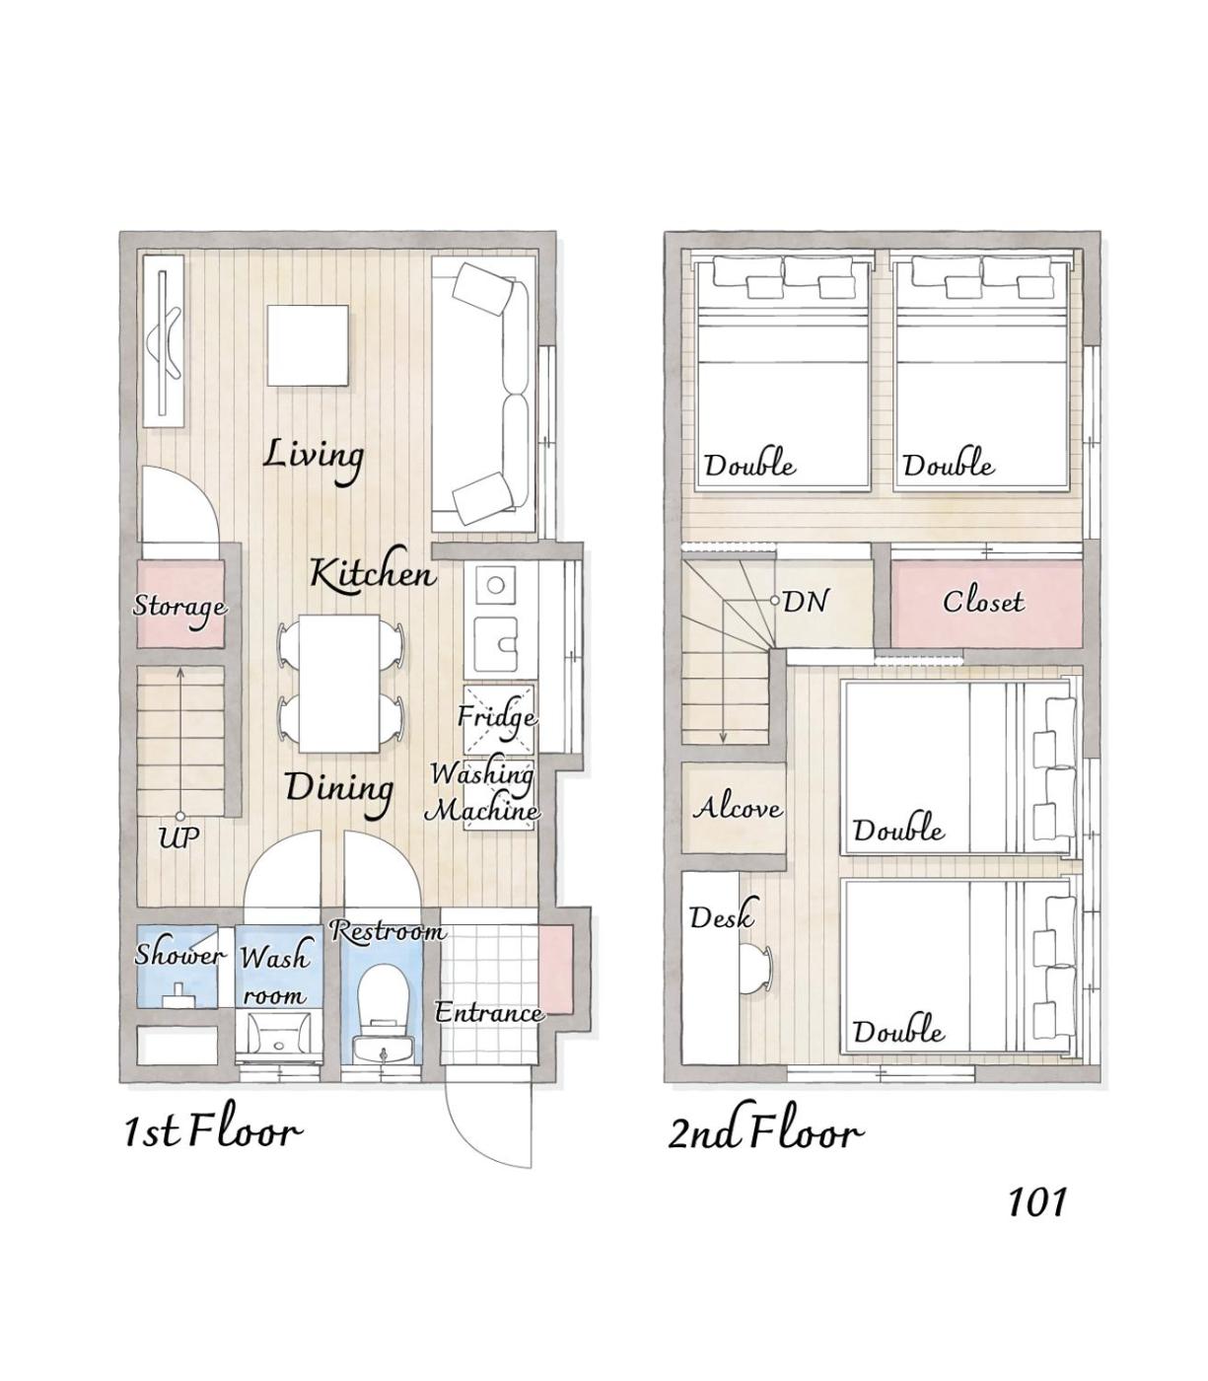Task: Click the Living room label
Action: (314, 459)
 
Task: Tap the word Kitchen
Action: (373, 574)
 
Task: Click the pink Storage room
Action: (180, 604)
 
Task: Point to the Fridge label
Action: (497, 717)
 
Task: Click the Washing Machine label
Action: (482, 792)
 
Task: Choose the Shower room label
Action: (178, 954)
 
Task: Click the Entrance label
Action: (488, 1012)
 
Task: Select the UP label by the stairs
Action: (178, 837)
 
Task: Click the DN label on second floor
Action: (805, 602)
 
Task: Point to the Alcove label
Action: (737, 807)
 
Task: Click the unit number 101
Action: (1037, 1201)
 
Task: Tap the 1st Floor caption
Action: (211, 1133)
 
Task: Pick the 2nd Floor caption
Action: (764, 1133)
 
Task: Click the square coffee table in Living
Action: (309, 345)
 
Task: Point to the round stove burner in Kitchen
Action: (495, 585)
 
